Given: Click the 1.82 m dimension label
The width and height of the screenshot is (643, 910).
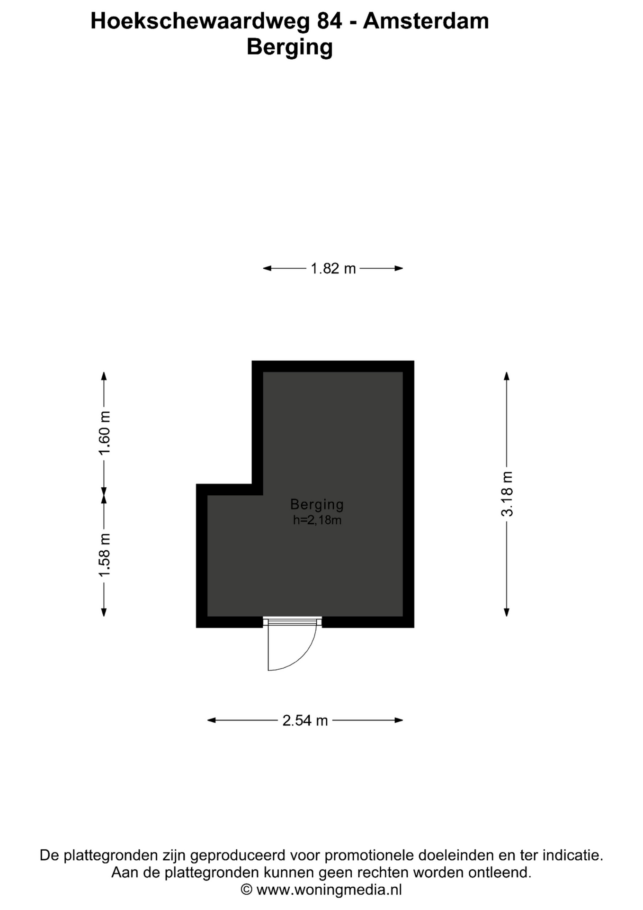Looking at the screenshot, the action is point(333,269).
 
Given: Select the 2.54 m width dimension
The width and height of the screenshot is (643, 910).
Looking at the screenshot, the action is point(305,720).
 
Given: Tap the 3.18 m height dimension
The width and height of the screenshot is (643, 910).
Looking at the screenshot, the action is point(507,494).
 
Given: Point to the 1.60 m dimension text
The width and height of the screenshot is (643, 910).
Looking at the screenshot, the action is point(104,433).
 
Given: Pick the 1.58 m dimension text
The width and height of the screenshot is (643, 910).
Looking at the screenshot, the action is point(104,555).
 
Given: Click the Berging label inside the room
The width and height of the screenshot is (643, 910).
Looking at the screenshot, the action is point(317,504).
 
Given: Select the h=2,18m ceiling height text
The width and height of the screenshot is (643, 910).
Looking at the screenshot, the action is point(317,520).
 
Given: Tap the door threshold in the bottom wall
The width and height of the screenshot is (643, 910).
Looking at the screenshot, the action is point(292,622).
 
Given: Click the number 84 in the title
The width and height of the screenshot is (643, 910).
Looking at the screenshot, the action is point(329,21).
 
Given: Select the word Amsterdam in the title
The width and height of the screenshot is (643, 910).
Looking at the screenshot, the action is point(426,21).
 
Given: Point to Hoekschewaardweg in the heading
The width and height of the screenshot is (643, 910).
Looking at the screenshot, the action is point(201,21).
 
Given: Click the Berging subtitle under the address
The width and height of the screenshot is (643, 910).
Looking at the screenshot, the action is point(290,47).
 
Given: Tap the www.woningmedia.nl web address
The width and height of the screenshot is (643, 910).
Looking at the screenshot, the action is point(329,890).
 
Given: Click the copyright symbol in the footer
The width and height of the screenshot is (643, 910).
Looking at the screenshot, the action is point(246,890).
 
